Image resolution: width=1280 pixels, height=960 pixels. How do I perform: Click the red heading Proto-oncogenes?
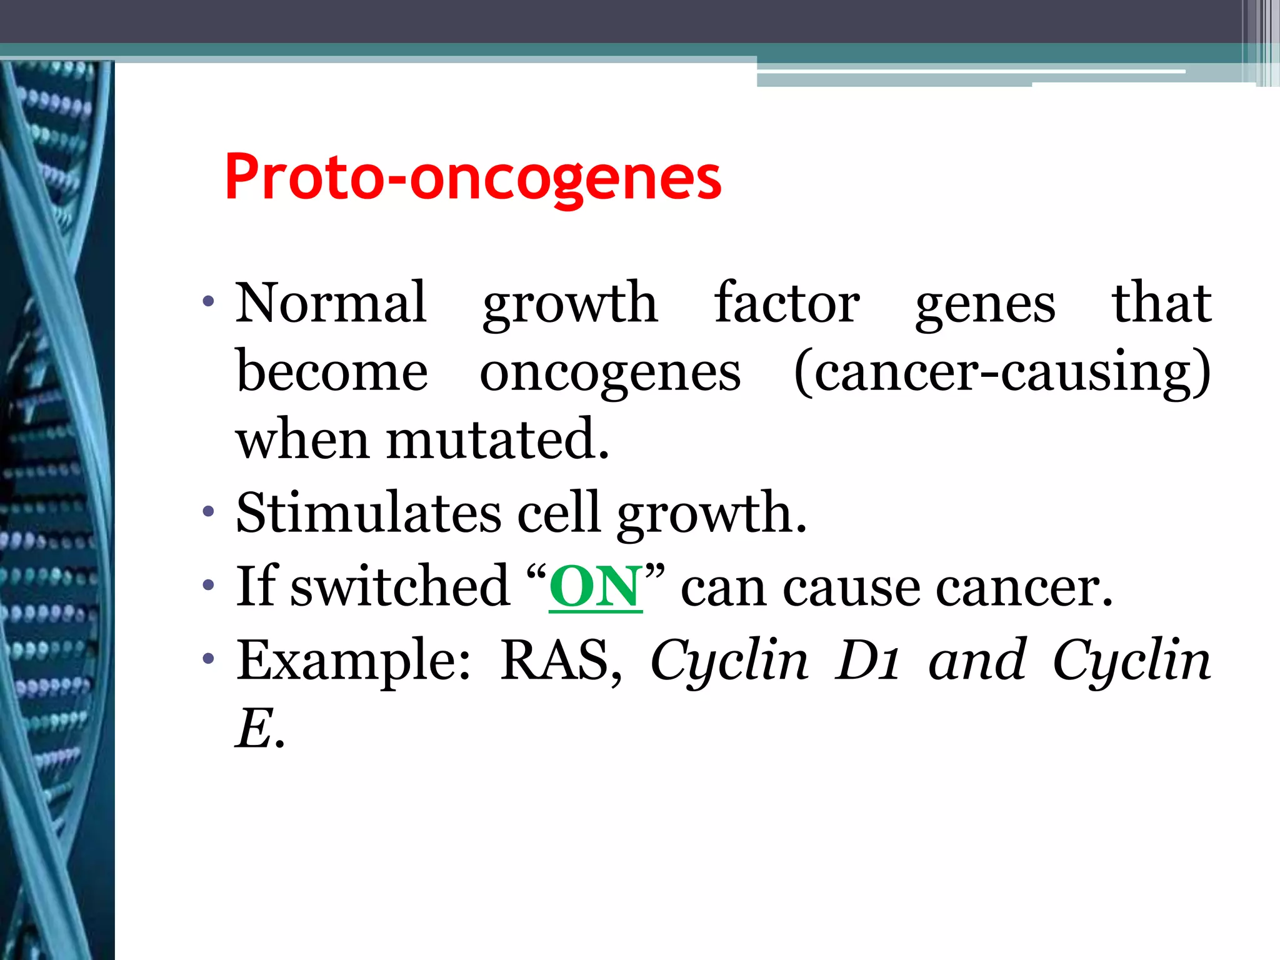[473, 177]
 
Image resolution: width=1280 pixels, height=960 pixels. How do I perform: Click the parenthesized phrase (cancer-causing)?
[1002, 372]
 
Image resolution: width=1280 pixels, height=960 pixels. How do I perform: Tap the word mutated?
[497, 439]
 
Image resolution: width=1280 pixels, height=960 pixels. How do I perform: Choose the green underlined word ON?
[596, 587]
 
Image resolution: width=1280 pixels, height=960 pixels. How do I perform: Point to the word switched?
[400, 586]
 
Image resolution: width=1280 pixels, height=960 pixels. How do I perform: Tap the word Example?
[354, 660]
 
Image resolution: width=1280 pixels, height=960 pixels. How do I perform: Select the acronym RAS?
[561, 660]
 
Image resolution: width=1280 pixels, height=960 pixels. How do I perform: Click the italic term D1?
[868, 660]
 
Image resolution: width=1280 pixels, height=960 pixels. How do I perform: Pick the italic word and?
[977, 660]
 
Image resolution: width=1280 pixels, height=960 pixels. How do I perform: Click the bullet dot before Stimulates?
[209, 513]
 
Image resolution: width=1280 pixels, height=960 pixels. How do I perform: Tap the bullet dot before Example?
[209, 659]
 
